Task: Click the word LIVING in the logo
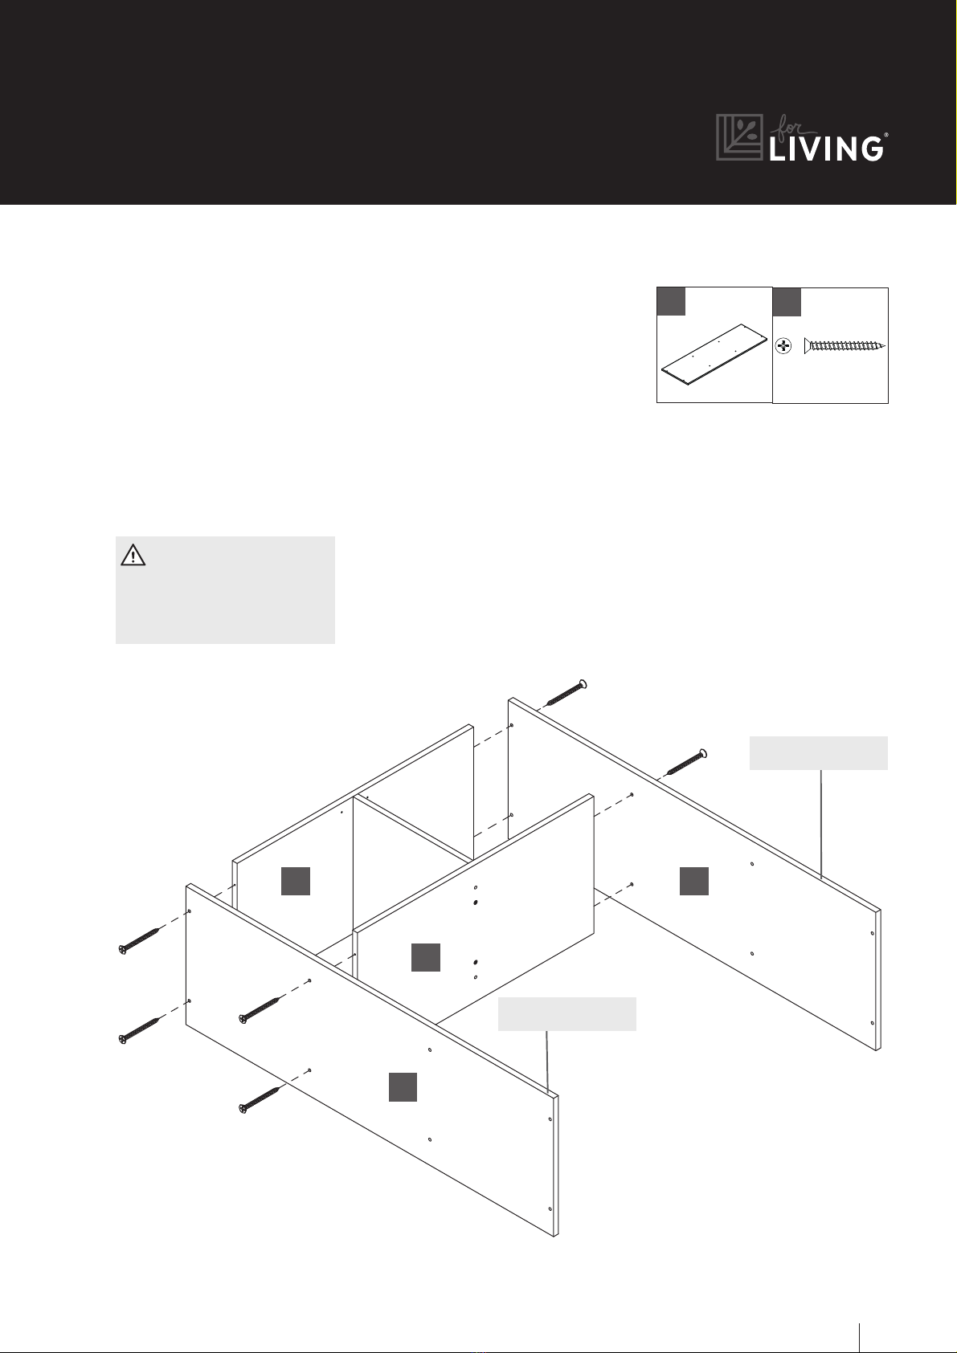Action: click(826, 149)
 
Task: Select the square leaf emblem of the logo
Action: click(739, 137)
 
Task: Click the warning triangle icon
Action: click(133, 555)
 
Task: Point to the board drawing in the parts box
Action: click(714, 354)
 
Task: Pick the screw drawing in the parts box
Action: click(845, 346)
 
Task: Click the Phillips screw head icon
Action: click(783, 347)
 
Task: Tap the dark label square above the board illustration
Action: click(671, 301)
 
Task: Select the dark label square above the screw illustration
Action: click(787, 302)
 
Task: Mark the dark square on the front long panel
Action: click(403, 1087)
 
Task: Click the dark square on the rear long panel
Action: click(694, 881)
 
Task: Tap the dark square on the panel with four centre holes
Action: click(426, 957)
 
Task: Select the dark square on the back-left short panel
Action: click(296, 881)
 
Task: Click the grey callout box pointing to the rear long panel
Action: click(819, 752)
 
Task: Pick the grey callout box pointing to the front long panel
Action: click(567, 1013)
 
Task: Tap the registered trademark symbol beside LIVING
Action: click(886, 136)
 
